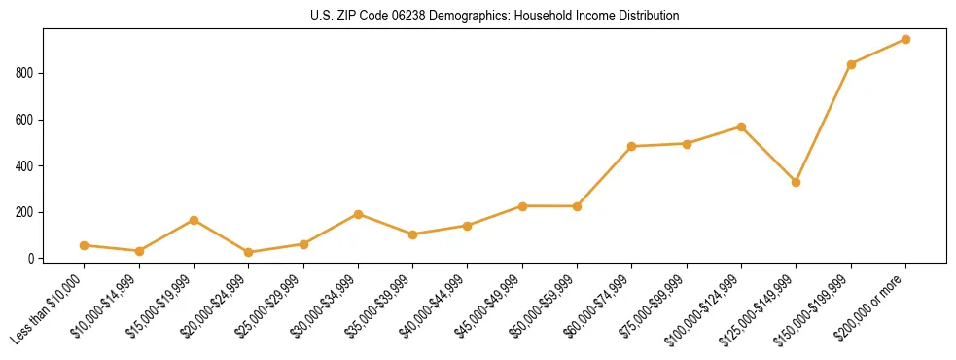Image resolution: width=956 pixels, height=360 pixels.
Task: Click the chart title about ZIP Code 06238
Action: point(495,17)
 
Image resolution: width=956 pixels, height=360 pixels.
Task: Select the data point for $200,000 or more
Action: point(905,40)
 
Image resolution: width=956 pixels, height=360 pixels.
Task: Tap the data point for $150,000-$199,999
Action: point(851,64)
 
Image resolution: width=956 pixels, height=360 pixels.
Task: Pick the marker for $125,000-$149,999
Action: point(797,182)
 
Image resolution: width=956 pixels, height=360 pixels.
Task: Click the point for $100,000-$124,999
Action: point(741,127)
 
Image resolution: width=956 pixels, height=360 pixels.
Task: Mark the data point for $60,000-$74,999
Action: point(632,146)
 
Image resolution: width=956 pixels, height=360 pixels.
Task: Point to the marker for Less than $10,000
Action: point(85,245)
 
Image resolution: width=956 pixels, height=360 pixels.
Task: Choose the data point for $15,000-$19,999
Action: point(194,220)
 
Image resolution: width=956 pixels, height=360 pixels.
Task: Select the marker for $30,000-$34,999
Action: point(358,214)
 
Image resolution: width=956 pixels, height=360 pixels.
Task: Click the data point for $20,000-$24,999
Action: point(249,252)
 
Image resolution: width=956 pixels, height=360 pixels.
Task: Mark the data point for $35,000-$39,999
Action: point(412,234)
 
